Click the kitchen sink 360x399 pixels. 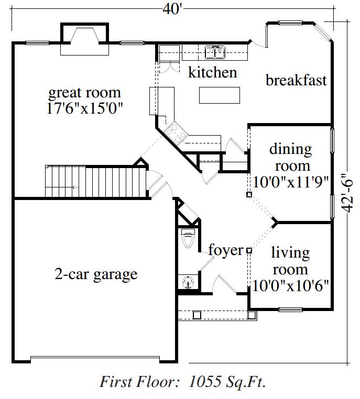[x=215, y=52]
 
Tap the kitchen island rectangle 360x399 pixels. [x=220, y=95]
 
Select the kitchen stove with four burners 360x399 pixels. [x=176, y=132]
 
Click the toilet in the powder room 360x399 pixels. [x=188, y=238]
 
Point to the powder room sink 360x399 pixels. [x=188, y=282]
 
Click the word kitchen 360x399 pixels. [x=213, y=72]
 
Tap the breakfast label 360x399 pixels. [x=296, y=80]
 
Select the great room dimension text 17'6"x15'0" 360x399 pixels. [x=85, y=108]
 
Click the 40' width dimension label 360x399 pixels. [x=173, y=9]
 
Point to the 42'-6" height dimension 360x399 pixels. [x=347, y=193]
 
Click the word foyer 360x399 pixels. [x=226, y=250]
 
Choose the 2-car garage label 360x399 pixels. [x=96, y=274]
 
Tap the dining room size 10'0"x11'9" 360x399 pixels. [x=290, y=182]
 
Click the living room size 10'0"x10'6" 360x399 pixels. [x=290, y=285]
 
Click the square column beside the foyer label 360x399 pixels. [x=249, y=251]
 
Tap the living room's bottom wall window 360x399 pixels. [x=290, y=309]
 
